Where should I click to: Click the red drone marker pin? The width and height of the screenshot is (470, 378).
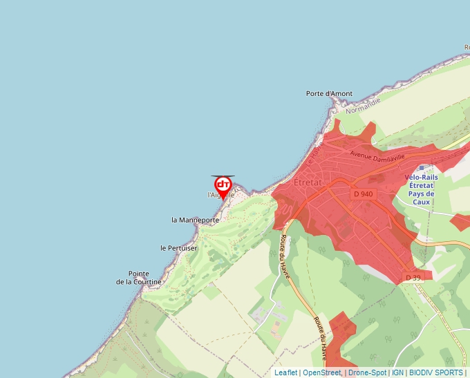[223, 185]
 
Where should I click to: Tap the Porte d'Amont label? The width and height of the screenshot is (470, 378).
[329, 93]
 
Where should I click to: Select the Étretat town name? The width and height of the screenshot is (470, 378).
[308, 182]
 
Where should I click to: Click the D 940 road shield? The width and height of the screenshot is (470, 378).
[363, 194]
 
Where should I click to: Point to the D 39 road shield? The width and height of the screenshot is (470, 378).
[413, 277]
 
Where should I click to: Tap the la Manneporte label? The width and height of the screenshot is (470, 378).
[195, 220]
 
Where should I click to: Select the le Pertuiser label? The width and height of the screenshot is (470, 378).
[178, 248]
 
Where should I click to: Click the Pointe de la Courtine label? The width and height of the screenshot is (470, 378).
[138, 278]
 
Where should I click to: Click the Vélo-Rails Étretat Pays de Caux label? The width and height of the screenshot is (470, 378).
[421, 189]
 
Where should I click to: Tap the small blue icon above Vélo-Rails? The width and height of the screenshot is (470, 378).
[421, 168]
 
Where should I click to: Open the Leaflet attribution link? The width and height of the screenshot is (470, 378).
[285, 372]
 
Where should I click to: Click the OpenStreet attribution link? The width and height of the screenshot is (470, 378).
[321, 372]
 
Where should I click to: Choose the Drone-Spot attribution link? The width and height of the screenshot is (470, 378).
[368, 372]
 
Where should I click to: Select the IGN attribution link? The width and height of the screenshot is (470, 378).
[397, 372]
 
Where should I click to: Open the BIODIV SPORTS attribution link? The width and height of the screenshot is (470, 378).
[435, 372]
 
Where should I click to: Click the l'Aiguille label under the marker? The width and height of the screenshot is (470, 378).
[220, 195]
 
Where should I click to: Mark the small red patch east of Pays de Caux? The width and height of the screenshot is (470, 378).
[460, 222]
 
